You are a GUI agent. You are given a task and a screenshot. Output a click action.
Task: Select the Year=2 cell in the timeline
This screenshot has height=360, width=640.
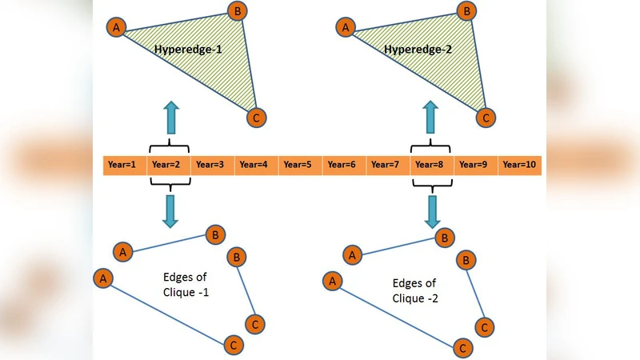(169, 166)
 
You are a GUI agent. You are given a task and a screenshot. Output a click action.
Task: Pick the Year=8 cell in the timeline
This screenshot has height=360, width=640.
(431, 166)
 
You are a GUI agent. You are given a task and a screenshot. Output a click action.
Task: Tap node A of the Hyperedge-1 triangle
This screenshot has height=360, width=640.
(117, 28)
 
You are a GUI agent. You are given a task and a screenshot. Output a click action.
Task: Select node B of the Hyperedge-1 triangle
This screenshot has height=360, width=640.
(237, 11)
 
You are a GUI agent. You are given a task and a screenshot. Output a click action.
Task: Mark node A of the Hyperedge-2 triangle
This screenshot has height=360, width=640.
(346, 28)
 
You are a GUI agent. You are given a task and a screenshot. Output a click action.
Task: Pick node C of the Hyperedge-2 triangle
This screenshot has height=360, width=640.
(483, 117)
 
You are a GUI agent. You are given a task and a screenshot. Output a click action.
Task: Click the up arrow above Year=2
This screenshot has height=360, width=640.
(170, 118)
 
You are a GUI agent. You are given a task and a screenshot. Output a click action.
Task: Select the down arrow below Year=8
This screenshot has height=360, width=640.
(433, 211)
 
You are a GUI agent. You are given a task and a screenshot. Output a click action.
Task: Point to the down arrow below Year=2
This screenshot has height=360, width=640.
(170, 211)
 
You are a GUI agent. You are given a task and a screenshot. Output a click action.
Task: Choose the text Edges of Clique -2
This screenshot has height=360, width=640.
(414, 291)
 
